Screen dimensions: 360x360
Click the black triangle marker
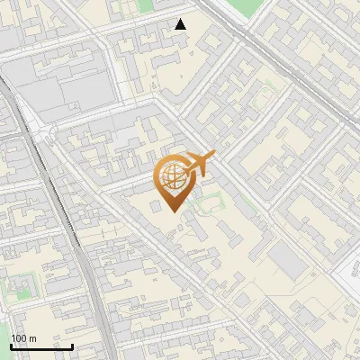(181, 24)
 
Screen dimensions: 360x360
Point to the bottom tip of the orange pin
(173, 211)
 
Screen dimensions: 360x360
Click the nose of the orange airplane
(214, 156)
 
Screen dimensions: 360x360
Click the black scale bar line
(41, 346)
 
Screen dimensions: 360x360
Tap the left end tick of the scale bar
(11, 345)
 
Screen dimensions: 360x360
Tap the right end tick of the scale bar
(72, 345)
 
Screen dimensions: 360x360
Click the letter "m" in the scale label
(32, 338)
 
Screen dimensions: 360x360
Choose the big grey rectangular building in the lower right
(288, 261)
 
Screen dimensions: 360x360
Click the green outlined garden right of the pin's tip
(209, 202)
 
